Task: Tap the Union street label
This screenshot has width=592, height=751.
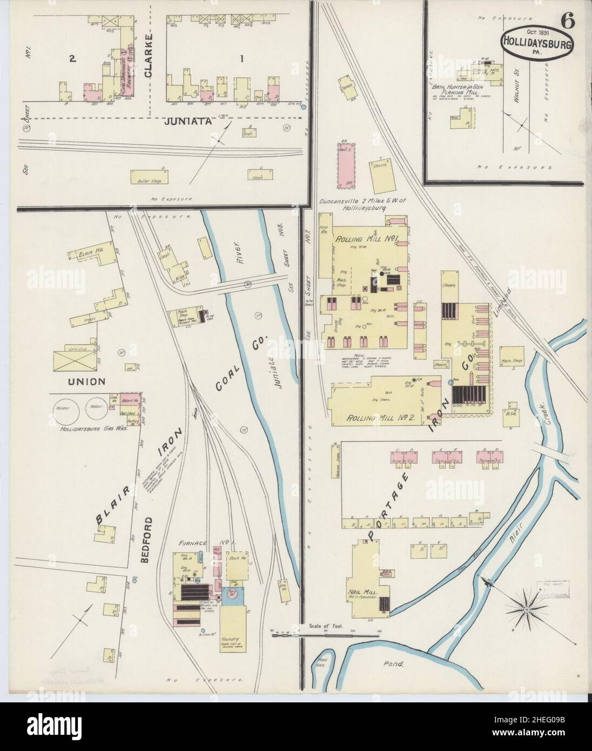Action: (86, 381)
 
